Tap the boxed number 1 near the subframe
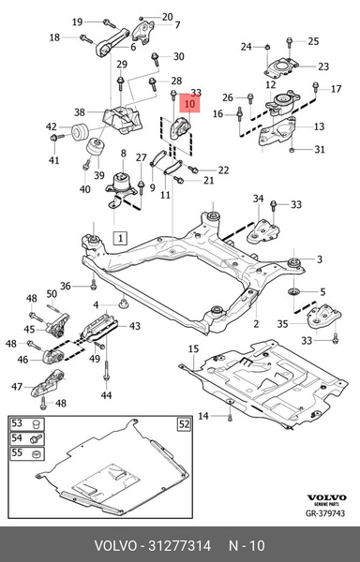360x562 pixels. click(x=121, y=239)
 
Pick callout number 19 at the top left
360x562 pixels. click(x=78, y=21)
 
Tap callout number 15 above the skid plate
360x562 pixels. click(x=195, y=349)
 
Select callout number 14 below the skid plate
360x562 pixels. click(x=204, y=415)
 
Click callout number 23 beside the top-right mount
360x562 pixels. click(x=322, y=67)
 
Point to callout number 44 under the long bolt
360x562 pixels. click(x=106, y=396)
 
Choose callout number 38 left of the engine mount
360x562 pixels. click(x=80, y=111)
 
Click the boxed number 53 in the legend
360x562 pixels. click(x=16, y=424)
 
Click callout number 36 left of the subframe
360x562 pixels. click(x=66, y=286)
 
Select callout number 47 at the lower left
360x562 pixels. click(x=17, y=386)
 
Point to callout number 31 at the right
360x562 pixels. click(x=320, y=150)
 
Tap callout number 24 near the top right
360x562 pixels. click(x=246, y=46)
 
